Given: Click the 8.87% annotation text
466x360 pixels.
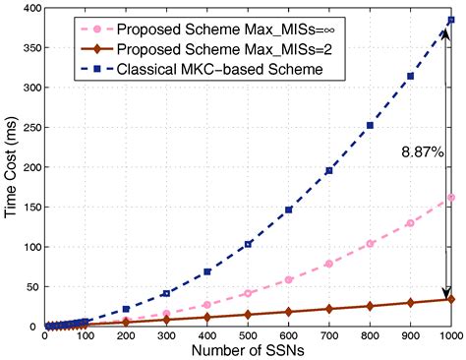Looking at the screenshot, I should click(421, 152).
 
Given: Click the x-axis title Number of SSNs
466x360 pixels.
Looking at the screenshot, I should click(248, 350).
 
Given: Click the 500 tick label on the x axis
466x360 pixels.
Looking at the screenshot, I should click(248, 336).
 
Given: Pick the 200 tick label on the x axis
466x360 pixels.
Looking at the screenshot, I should click(126, 336).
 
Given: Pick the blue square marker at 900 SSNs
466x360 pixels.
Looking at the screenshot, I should click(410, 76).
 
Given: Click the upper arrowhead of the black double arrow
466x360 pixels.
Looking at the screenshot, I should click(444, 34).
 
